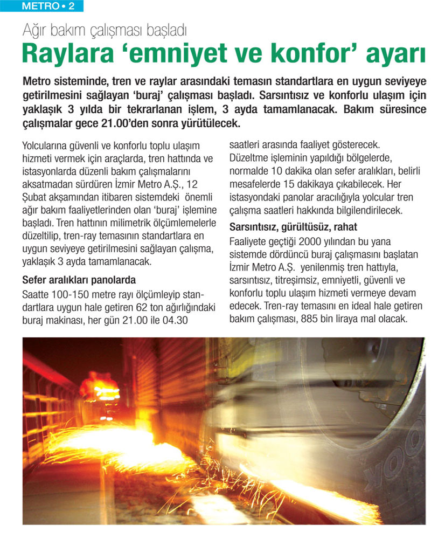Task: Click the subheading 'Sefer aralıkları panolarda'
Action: point(79,280)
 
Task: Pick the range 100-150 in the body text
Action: point(73,295)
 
